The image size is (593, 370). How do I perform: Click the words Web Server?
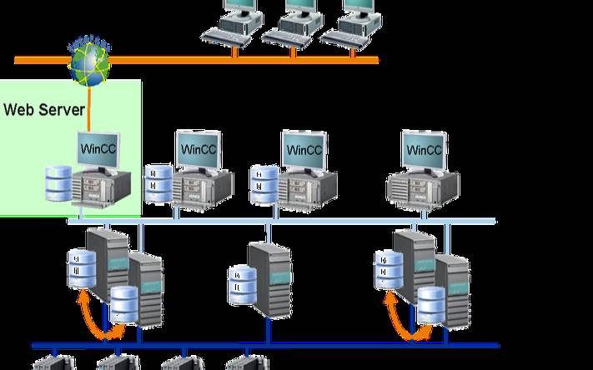click(x=43, y=109)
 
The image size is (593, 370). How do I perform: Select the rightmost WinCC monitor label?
click(x=423, y=151)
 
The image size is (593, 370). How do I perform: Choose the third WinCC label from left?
click(x=304, y=151)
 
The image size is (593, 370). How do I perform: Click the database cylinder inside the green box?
click(x=58, y=183)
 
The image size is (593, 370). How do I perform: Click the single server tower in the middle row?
click(x=269, y=279)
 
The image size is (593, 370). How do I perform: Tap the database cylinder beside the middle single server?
click(x=241, y=284)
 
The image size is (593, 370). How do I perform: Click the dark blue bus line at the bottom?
click(x=267, y=345)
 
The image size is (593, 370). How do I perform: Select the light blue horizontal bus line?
click(x=284, y=222)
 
